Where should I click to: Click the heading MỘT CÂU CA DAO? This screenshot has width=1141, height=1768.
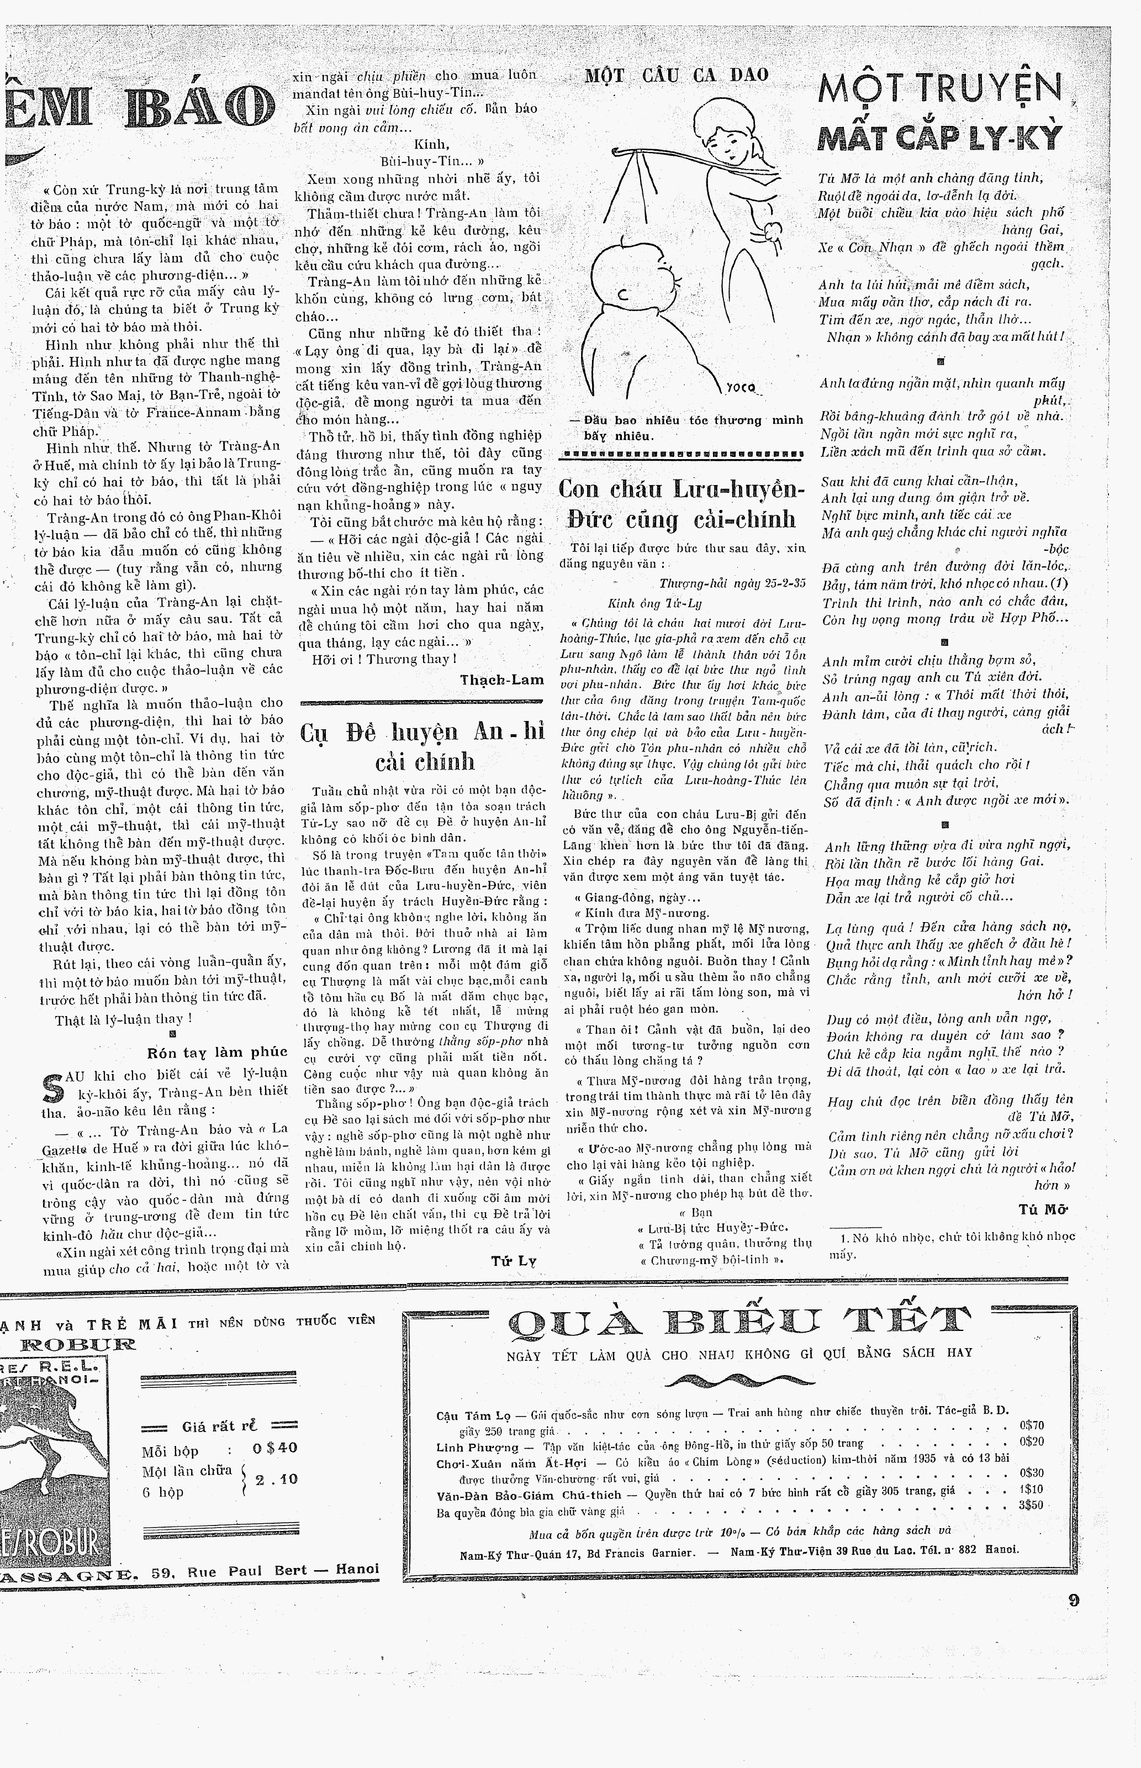(677, 75)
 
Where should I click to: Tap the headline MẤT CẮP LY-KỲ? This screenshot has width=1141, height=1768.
(939, 138)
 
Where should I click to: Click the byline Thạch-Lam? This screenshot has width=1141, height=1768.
(501, 680)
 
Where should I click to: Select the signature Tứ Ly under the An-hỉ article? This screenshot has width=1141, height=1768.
(514, 1260)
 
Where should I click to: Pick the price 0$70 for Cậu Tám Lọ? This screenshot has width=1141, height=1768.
(1031, 1424)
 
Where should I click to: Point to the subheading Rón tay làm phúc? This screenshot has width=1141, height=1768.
(217, 1051)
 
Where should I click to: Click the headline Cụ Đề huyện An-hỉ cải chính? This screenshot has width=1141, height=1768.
(422, 747)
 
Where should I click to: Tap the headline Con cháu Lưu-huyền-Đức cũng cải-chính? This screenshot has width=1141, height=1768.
(681, 504)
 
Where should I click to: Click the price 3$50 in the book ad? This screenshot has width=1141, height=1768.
(1031, 1505)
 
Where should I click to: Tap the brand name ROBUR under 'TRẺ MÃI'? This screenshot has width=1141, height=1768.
(78, 1344)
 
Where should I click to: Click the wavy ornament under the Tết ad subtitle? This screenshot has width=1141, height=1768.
(739, 1381)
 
